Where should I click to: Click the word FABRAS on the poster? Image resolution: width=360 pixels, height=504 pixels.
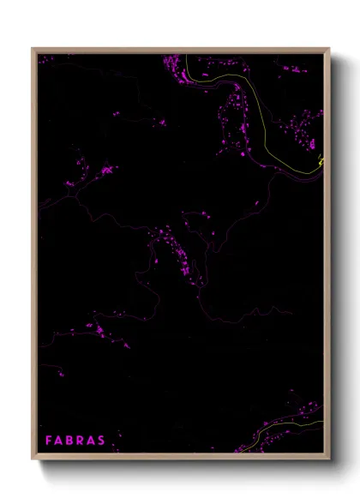tap(75, 441)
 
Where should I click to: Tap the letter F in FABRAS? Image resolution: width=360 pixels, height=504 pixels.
tap(49, 441)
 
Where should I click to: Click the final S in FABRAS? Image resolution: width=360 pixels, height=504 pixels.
tap(102, 441)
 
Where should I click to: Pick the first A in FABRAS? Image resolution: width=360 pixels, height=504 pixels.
tap(59, 441)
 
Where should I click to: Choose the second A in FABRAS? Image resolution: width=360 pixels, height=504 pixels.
tap(92, 441)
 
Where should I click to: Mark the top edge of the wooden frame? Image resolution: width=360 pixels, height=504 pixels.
tap(180, 50)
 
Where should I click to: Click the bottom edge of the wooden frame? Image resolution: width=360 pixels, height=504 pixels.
tap(180, 456)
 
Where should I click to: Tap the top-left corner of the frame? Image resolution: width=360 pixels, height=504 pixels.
tap(34, 50)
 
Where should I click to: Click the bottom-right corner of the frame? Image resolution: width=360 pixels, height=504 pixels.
tap(327, 456)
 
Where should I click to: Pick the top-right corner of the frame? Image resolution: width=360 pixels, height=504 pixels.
tap(327, 50)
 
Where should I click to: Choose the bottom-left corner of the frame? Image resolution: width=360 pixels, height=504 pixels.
tap(34, 456)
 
